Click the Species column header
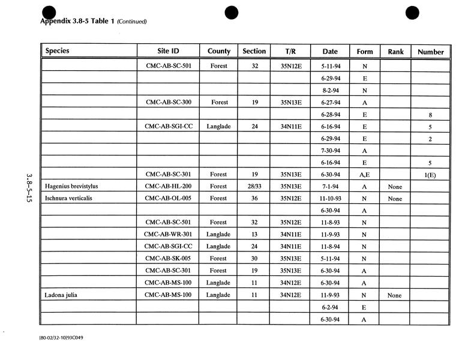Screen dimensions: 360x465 pyautogui.click(x=58, y=51)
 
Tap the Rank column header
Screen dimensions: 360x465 pyautogui.click(x=395, y=52)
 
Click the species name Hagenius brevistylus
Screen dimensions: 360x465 pyautogui.click(x=71, y=187)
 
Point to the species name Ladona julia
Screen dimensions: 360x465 pyautogui.click(x=61, y=295)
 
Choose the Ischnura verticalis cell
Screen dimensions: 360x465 pyautogui.click(x=68, y=199)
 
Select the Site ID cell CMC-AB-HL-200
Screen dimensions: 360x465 pyautogui.click(x=168, y=187)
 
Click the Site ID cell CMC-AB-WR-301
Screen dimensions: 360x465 pyautogui.click(x=168, y=235)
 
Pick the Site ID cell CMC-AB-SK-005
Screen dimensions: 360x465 pyautogui.click(x=168, y=259)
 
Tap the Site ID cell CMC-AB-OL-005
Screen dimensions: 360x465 pyautogui.click(x=168, y=199)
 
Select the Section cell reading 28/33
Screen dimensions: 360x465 pyautogui.click(x=254, y=187)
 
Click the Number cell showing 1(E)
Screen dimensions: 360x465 pyautogui.click(x=431, y=175)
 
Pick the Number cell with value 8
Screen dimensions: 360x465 pyautogui.click(x=431, y=115)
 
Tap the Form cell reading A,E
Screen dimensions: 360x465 pyautogui.click(x=365, y=175)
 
